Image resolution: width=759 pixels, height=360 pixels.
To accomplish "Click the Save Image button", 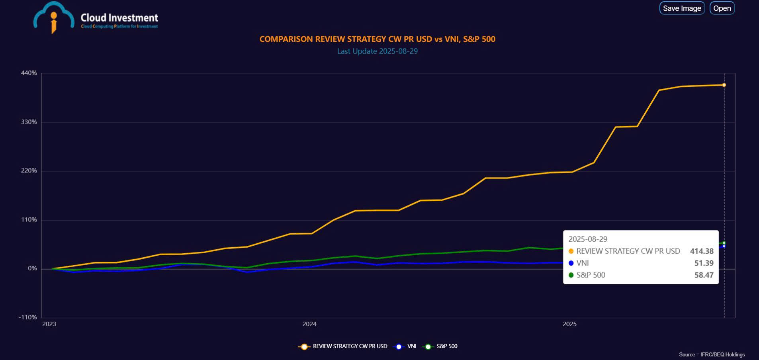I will point(682,8).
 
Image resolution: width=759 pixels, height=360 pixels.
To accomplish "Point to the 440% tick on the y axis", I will point(29,73).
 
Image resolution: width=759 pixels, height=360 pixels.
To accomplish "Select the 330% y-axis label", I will point(29,122).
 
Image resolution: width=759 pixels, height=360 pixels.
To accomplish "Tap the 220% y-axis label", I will point(29,171).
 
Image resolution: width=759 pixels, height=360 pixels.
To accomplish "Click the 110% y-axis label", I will point(29,220).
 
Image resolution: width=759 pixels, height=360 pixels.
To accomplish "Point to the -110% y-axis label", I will point(27,317).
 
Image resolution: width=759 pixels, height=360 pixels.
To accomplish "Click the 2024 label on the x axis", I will point(309,324).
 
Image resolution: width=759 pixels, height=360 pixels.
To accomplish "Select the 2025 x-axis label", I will point(569,324).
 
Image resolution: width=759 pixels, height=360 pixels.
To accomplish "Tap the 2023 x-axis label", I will point(49,324).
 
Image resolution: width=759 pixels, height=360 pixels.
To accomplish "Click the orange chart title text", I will point(377,39).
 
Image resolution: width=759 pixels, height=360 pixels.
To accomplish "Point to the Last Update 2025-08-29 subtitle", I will point(377,51).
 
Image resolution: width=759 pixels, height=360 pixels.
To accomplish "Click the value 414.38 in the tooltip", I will point(702,251).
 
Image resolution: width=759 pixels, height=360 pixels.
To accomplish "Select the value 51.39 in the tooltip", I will point(704,263).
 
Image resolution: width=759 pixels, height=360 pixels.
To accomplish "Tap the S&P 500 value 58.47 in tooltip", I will point(704,275).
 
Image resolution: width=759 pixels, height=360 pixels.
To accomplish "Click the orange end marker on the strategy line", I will point(724,85).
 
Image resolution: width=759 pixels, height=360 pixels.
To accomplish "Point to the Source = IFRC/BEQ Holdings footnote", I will point(712,354).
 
